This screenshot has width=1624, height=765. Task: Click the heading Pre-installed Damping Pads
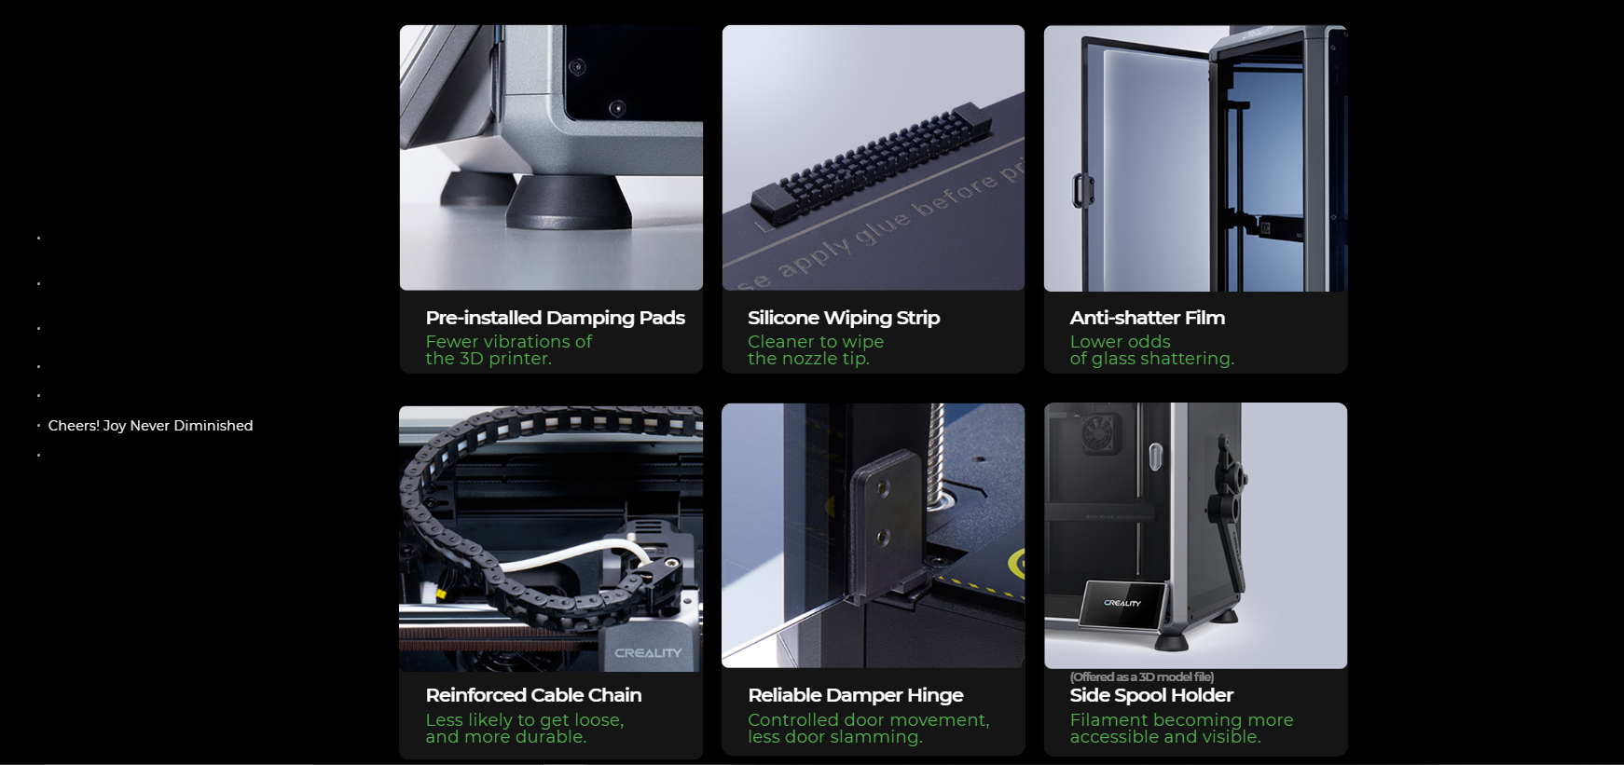tap(555, 318)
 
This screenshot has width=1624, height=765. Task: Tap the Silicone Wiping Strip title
tap(844, 318)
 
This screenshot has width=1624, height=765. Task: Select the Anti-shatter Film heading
tap(1148, 318)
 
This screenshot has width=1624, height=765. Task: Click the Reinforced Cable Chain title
tap(533, 695)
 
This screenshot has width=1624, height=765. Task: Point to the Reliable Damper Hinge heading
tap(856, 695)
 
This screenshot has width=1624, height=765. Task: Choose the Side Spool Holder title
tap(1151, 695)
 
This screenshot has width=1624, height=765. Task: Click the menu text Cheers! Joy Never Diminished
tap(150, 426)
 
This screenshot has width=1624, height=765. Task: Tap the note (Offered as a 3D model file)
tap(1142, 676)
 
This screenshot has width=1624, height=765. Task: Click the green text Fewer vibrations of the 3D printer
tap(508, 350)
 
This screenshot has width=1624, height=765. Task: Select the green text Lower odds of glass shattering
tap(1152, 350)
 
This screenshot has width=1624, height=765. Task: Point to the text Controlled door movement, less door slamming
tap(868, 728)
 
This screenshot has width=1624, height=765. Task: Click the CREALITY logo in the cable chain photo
tap(648, 653)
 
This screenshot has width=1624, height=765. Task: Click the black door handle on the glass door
tap(1081, 190)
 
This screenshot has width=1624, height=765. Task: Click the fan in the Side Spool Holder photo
tap(1100, 434)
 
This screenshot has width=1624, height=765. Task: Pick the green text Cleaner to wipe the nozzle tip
tap(816, 350)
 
